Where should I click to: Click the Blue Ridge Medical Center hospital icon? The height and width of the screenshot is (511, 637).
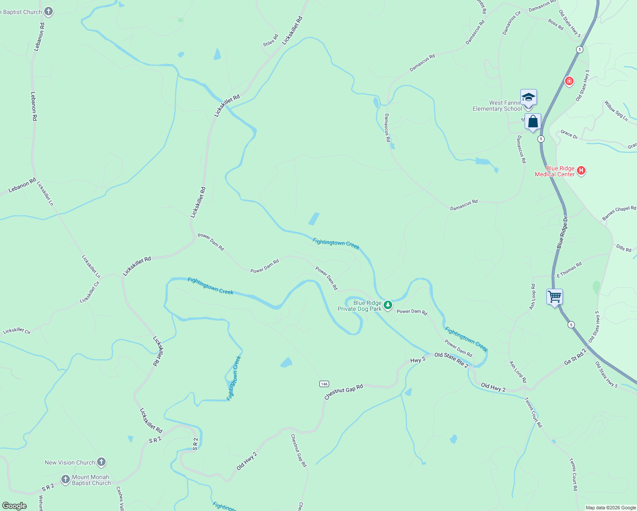(x=581, y=171)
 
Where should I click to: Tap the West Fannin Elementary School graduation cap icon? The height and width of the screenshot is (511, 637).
(x=528, y=98)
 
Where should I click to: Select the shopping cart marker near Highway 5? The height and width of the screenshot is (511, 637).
(x=554, y=296)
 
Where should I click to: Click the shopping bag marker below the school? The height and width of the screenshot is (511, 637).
(x=533, y=122)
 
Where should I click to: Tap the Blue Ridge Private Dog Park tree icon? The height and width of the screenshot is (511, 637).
(x=387, y=305)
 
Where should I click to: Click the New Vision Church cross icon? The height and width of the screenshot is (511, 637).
(x=101, y=462)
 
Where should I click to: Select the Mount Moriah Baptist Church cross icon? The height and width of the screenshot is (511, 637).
(x=65, y=479)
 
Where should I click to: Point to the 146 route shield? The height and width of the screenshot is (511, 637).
(x=324, y=384)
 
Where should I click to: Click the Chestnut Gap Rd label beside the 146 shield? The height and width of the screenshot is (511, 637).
(x=344, y=392)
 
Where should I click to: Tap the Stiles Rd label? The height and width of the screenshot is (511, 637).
(x=270, y=40)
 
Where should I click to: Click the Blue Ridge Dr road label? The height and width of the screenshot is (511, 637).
(x=562, y=232)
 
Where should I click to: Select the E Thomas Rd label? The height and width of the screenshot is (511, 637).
(x=569, y=270)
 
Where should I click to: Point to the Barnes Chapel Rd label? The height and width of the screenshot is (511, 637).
(x=619, y=212)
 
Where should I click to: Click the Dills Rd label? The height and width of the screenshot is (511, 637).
(x=624, y=248)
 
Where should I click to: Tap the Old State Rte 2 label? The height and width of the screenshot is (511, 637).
(x=451, y=360)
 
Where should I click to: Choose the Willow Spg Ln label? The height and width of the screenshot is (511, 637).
(x=616, y=111)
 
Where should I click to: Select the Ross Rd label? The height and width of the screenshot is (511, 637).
(x=556, y=25)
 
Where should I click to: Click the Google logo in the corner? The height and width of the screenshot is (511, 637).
(x=14, y=505)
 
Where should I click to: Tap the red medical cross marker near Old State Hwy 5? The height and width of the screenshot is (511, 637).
(x=569, y=81)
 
